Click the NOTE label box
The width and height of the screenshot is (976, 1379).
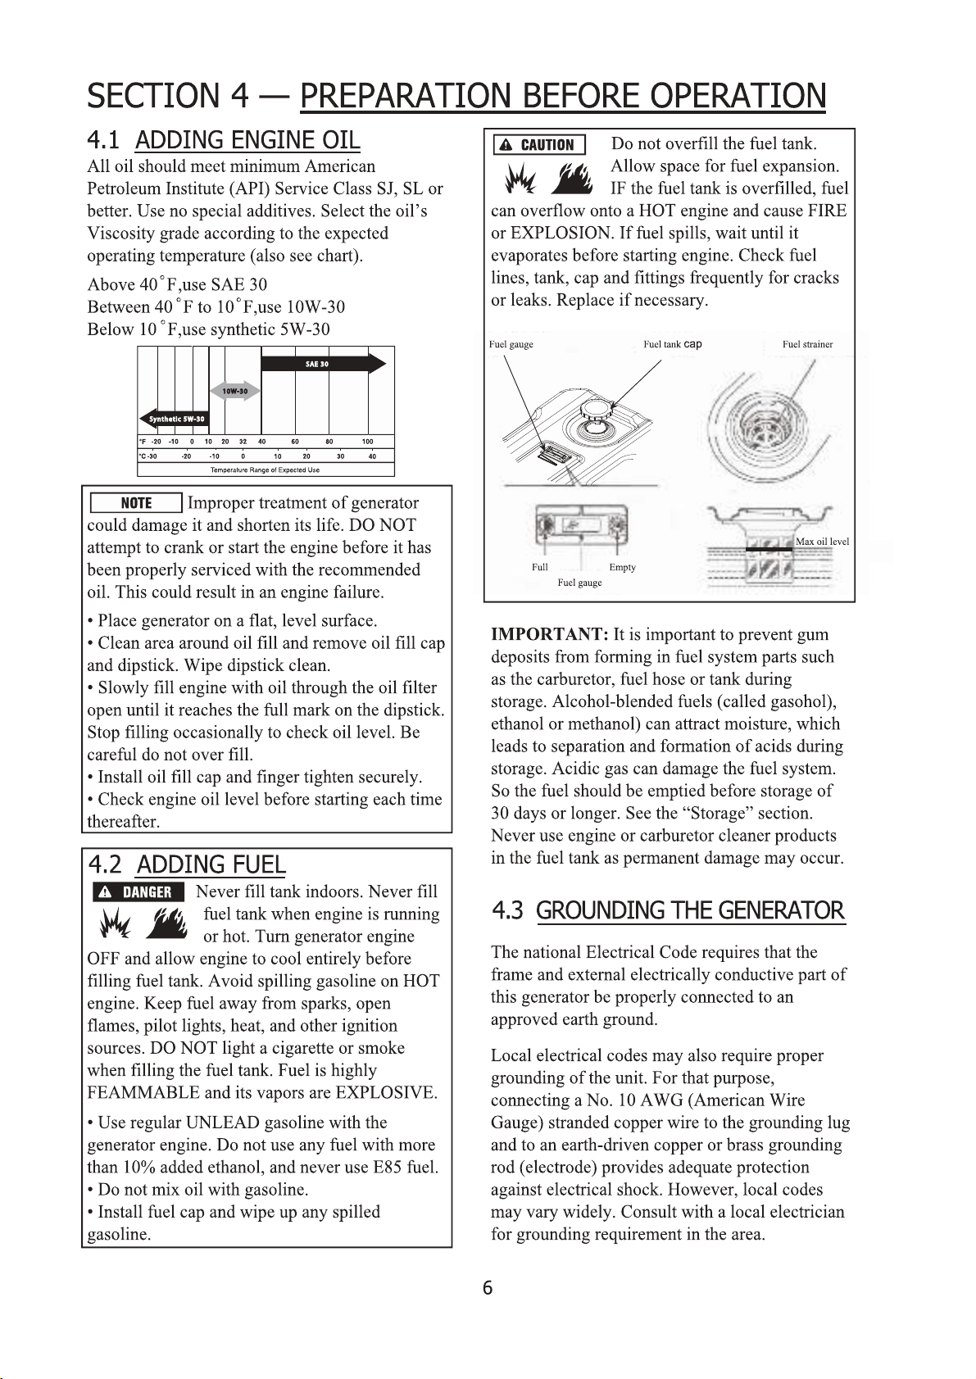click(x=136, y=503)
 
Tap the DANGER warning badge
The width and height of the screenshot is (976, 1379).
click(x=137, y=892)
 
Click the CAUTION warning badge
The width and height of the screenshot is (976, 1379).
click(x=538, y=145)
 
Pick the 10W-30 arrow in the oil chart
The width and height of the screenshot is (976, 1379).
click(x=235, y=391)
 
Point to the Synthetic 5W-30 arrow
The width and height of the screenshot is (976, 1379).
click(x=175, y=419)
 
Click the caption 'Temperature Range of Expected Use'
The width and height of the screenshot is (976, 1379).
click(x=265, y=470)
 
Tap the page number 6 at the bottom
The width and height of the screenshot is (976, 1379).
click(x=488, y=1288)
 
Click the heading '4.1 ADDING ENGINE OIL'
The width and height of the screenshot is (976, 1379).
click(x=224, y=140)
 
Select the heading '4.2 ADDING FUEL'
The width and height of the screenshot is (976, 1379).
click(x=187, y=864)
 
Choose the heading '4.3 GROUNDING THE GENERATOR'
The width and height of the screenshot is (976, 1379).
click(x=668, y=910)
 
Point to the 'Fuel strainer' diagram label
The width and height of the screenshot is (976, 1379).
click(x=807, y=344)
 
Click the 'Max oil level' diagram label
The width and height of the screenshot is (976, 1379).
click(x=822, y=542)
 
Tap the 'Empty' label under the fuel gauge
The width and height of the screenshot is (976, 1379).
click(x=622, y=567)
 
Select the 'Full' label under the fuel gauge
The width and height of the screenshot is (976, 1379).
click(x=539, y=567)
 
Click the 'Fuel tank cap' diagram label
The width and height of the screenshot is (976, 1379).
click(x=672, y=344)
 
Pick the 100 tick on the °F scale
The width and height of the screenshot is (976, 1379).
click(x=367, y=442)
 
